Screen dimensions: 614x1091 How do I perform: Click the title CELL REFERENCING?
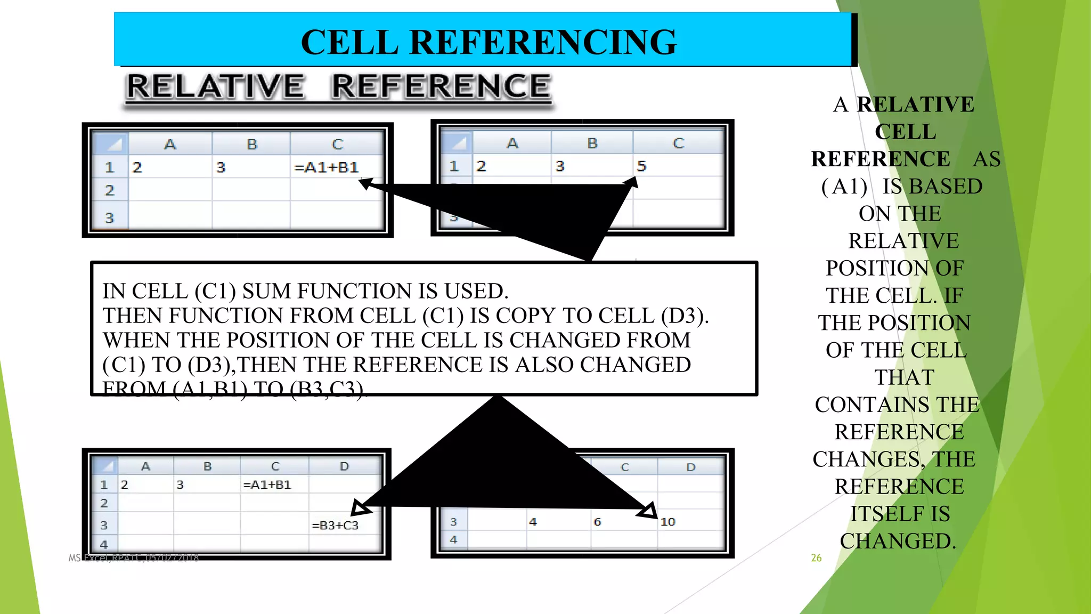488,42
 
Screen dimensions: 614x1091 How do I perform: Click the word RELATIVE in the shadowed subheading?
216,86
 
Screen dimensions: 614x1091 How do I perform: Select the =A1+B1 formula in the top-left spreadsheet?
327,167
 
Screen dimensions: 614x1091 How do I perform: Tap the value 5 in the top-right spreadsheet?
641,166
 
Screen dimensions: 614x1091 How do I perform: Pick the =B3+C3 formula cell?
335,525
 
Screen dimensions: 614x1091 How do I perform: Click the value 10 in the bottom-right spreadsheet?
667,522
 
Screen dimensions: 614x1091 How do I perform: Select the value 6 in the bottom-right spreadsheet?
597,522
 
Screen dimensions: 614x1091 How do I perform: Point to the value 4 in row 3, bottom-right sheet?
533,522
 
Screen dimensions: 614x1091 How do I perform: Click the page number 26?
816,558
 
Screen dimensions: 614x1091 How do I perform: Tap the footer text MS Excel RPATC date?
133,558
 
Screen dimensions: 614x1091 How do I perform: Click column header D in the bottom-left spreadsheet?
344,466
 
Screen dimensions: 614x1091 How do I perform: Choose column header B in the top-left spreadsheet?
252,144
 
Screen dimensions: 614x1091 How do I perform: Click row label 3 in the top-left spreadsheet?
110,217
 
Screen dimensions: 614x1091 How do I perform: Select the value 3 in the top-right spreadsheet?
560,166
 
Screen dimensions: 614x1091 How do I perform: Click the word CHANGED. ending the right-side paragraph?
898,541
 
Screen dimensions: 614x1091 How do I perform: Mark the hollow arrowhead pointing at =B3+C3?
361,508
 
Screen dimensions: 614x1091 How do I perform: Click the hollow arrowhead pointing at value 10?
648,511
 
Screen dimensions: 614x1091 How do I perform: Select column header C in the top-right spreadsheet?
678,143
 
